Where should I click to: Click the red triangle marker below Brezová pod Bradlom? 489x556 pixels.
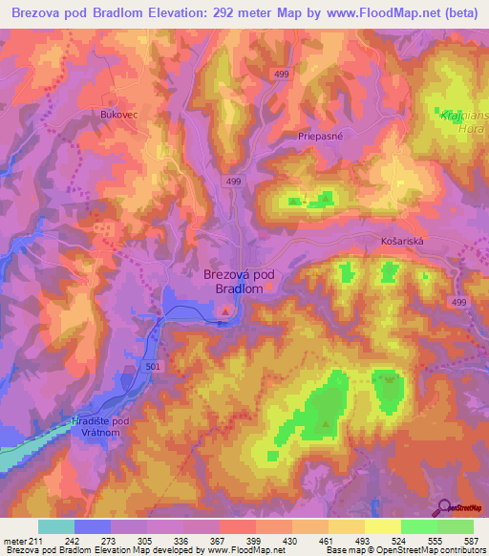[225, 310]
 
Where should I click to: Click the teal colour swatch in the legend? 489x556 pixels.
[56, 525]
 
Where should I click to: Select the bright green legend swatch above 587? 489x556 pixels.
[456, 525]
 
